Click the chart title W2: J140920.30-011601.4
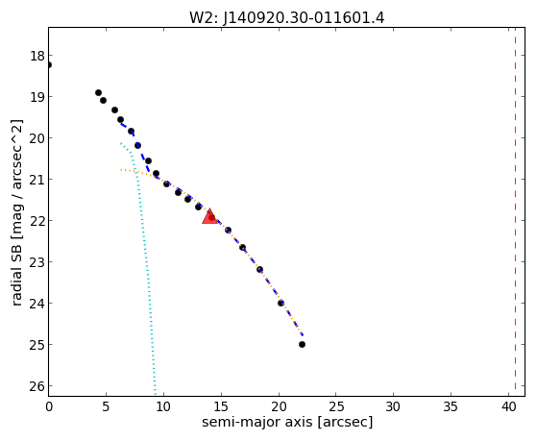[x=287, y=17]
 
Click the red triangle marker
[x=209, y=216]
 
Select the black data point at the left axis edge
[x=49, y=64]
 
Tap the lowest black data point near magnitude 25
[x=302, y=344]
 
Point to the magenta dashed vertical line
[x=515, y=211]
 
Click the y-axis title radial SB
[x=16, y=212]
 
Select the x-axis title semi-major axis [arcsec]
[x=287, y=422]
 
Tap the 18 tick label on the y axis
[x=37, y=56]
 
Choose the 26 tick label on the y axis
[x=37, y=386]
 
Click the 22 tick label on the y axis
[x=37, y=221]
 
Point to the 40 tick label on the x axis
[x=508, y=406]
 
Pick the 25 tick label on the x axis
[x=336, y=406]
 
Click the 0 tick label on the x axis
[x=49, y=406]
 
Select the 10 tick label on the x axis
[x=163, y=406]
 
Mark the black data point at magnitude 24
[x=281, y=303]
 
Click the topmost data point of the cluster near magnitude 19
[x=98, y=92]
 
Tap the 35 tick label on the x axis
[x=451, y=406]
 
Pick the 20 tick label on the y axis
[x=37, y=138]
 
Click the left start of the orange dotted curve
[x=121, y=170]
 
